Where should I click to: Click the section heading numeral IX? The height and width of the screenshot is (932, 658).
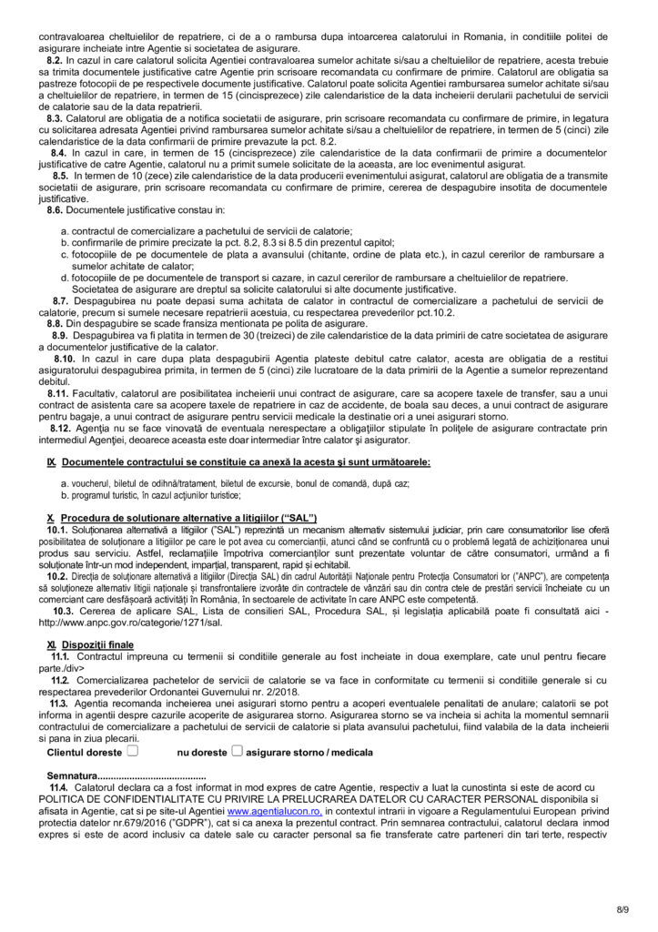[52, 462]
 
